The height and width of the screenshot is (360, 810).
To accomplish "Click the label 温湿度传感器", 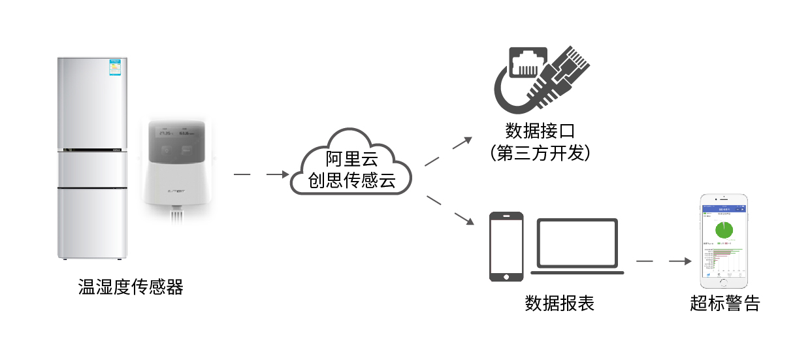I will pyautogui.click(x=131, y=287).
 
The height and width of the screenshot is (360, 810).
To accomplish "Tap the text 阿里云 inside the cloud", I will pyautogui.click(x=351, y=159).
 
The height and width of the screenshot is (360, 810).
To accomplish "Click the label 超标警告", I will pyautogui.click(x=724, y=304).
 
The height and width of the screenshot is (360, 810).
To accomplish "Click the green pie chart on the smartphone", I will pyautogui.click(x=723, y=230).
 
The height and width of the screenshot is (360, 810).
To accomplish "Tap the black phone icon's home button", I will pyautogui.click(x=507, y=276).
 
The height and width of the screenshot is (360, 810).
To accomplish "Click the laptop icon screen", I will pyautogui.click(x=577, y=242).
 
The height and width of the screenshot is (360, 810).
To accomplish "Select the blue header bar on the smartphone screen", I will pyautogui.click(x=723, y=210).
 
